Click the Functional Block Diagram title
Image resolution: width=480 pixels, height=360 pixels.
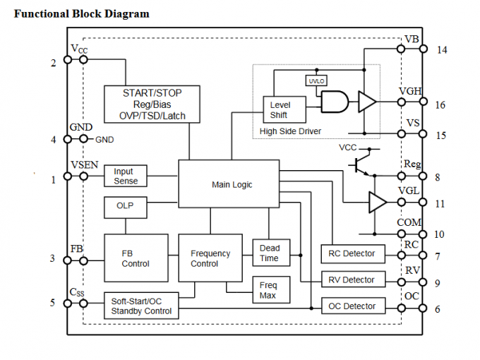pyautogui.click(x=82, y=13)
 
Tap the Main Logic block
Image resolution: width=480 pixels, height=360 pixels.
pyautogui.click(x=232, y=185)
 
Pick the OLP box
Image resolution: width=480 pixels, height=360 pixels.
pyautogui.click(x=125, y=207)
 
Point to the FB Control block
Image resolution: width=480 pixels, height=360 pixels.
pyautogui.click(x=136, y=258)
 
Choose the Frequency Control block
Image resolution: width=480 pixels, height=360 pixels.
pyautogui.click(x=210, y=258)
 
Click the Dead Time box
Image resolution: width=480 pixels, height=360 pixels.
pyautogui.click(x=269, y=253)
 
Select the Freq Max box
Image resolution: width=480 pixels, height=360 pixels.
pyautogui.click(x=268, y=290)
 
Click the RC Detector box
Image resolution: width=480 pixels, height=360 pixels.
pyautogui.click(x=353, y=253)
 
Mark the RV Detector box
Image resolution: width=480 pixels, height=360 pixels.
pyautogui.click(x=353, y=280)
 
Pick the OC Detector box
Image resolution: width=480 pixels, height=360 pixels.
pyautogui.click(x=353, y=306)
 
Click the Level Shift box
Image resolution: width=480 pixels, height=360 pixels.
pyautogui.click(x=280, y=110)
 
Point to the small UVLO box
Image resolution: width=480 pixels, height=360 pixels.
pyautogui.click(x=315, y=80)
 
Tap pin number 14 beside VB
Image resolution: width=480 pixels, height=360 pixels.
pyautogui.click(x=441, y=50)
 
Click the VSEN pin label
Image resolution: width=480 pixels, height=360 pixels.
pyautogui.click(x=84, y=164)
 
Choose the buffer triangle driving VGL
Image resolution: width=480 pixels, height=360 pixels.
pyautogui.click(x=377, y=203)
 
